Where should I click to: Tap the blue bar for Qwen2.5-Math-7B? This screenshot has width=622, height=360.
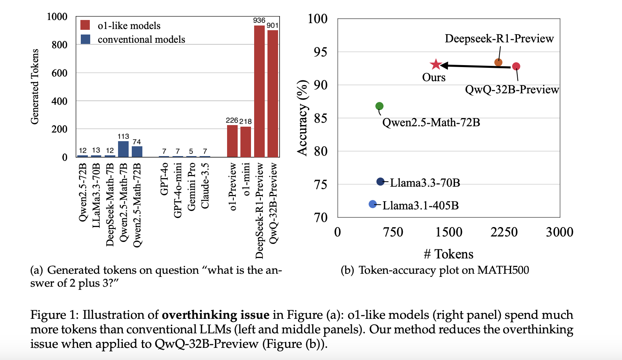[x=123, y=149]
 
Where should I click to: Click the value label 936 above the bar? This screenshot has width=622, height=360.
[x=259, y=20]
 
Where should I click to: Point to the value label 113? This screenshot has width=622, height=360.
[x=123, y=136]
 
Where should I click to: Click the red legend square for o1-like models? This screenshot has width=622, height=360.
[x=85, y=25]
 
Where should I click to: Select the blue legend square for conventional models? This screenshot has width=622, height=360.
[x=85, y=39]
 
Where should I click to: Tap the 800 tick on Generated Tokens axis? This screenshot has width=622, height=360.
[x=60, y=45]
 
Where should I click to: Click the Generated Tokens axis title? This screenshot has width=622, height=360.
[x=35, y=87]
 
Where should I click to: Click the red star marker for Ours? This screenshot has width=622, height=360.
[x=436, y=64]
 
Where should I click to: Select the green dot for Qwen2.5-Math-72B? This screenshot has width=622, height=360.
[x=379, y=106]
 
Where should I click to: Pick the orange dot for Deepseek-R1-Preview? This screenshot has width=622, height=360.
[x=498, y=62]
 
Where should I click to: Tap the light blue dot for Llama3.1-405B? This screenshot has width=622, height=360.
[x=373, y=204]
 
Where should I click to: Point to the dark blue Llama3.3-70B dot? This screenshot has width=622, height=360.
[x=380, y=182]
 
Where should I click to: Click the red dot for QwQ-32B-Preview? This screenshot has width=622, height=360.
[x=516, y=66]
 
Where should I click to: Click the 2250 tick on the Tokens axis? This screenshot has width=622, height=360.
[x=504, y=232]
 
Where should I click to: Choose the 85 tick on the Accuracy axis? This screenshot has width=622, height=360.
[x=320, y=118]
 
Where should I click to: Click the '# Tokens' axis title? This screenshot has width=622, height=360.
[x=449, y=254]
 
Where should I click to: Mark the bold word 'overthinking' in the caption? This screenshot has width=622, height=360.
[x=199, y=315]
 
